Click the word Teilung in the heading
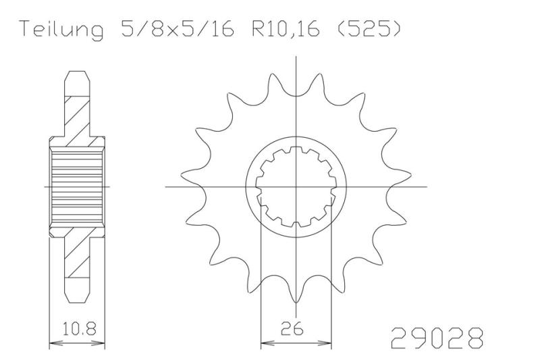[61, 30]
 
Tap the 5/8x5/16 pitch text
[178, 28]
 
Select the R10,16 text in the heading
[286, 29]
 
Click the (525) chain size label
[368, 29]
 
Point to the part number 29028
[437, 337]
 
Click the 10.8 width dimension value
[79, 328]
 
